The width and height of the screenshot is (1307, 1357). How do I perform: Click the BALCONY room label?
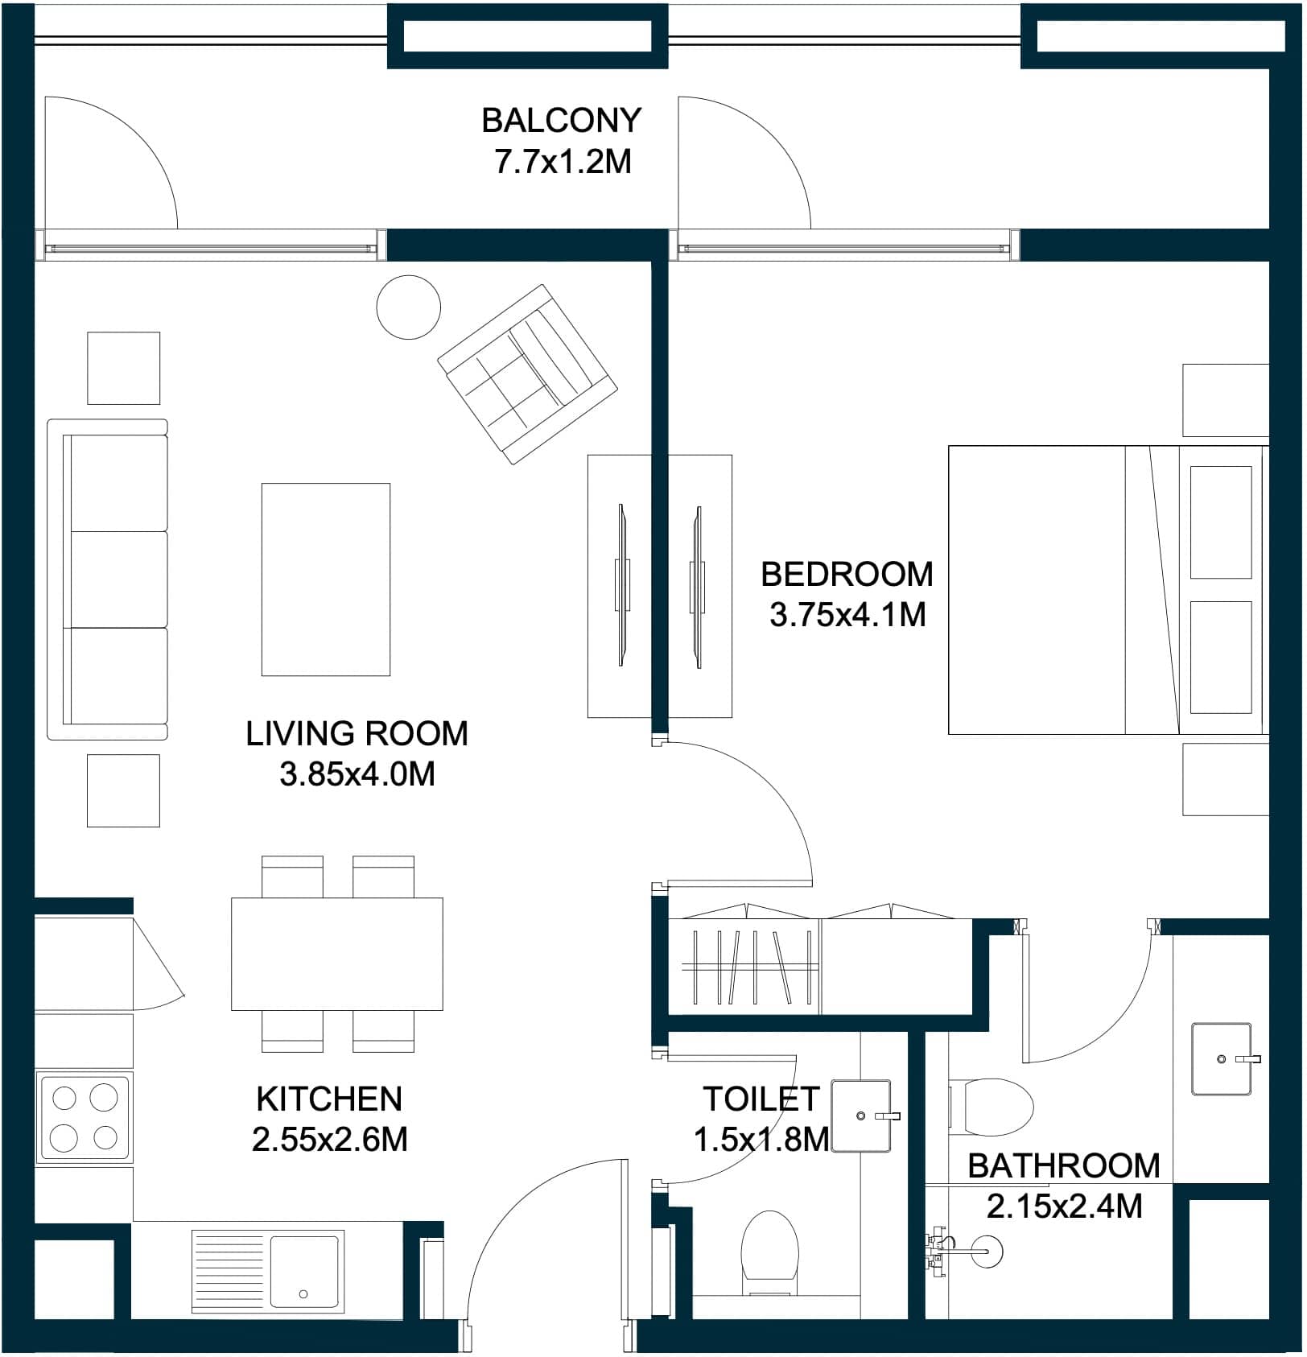[x=561, y=121]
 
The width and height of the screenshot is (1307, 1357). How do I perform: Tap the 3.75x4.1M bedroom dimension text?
[x=847, y=616]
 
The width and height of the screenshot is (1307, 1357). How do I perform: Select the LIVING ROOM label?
[x=357, y=734]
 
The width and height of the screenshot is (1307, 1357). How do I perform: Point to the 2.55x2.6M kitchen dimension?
[x=330, y=1140]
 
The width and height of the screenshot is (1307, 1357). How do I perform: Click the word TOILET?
[x=761, y=1099]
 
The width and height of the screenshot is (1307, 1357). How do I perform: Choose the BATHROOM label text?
[x=1064, y=1166]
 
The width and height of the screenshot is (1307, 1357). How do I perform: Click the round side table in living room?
[x=409, y=307]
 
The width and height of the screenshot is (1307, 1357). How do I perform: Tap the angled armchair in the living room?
[x=527, y=374]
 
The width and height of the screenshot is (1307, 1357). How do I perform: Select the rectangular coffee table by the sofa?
[x=326, y=580]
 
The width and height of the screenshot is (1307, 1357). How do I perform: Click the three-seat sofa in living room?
[x=108, y=580]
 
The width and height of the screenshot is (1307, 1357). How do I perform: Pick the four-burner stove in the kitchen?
[x=84, y=1118]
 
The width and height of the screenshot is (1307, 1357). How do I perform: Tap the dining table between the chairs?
[x=337, y=954]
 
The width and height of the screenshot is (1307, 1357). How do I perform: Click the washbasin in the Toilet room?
[x=862, y=1116]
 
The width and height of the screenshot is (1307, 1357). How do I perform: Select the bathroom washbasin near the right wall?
[x=1222, y=1059]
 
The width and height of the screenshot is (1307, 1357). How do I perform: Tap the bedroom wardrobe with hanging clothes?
[x=821, y=958]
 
